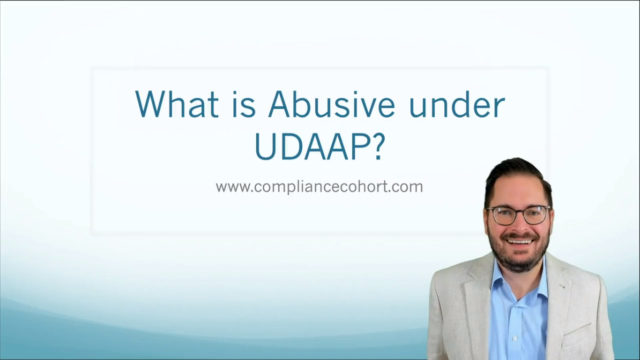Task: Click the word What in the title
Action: point(177,104)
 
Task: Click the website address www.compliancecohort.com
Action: point(319,187)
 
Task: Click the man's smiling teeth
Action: point(520,241)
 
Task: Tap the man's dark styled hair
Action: point(515,173)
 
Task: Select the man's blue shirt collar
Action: point(501,277)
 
